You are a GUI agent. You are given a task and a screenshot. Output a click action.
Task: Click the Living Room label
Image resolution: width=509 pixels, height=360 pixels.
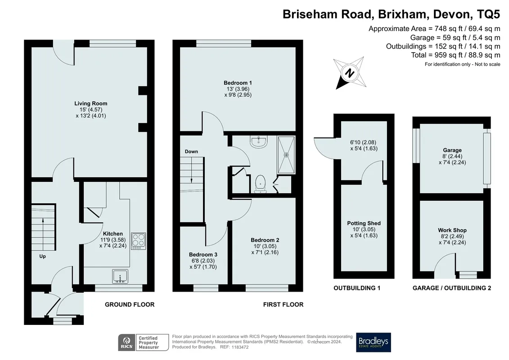point(90,103)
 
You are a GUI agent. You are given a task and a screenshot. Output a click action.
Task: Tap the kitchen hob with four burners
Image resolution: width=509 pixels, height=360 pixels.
point(139,241)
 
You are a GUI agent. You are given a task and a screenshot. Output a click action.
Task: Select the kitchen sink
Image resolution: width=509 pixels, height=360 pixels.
point(120,276)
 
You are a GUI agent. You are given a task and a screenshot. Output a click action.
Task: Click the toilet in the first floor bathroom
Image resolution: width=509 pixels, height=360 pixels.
point(260,184)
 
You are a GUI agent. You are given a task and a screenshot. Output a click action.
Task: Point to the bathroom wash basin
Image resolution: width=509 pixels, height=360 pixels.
point(259,142)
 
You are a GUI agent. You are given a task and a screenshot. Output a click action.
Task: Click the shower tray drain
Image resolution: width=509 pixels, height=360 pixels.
point(286,155)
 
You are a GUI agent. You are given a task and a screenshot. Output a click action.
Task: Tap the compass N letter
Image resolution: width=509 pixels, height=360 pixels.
point(350,73)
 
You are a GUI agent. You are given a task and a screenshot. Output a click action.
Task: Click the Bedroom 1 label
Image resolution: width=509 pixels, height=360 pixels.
point(238,83)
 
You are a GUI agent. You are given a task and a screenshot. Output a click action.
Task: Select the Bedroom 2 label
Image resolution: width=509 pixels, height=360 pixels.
point(265,240)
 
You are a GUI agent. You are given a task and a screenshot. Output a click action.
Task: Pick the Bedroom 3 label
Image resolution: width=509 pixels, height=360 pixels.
point(203,255)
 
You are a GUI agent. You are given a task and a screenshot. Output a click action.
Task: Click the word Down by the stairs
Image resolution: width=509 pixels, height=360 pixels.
point(191,152)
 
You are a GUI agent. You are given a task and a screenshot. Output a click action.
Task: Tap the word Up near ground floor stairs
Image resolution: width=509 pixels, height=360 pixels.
point(42,256)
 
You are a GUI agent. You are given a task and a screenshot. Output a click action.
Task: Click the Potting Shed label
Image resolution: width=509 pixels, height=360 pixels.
point(364,223)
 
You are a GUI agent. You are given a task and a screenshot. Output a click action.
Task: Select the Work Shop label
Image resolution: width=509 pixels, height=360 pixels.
point(452,230)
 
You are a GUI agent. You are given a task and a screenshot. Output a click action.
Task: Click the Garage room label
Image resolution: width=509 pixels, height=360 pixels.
point(452,150)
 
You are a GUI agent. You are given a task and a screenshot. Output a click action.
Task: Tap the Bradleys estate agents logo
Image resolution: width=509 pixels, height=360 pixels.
point(373,342)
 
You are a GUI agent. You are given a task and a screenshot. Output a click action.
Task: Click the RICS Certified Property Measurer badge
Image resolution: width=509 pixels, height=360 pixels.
point(143,342)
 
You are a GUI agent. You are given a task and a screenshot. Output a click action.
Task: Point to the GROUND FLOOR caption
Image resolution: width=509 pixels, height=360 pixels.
point(130,305)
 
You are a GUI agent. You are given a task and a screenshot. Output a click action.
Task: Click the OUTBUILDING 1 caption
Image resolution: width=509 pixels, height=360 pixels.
point(357,288)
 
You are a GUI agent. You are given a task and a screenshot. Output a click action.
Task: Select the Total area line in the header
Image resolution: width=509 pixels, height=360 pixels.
point(455,55)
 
